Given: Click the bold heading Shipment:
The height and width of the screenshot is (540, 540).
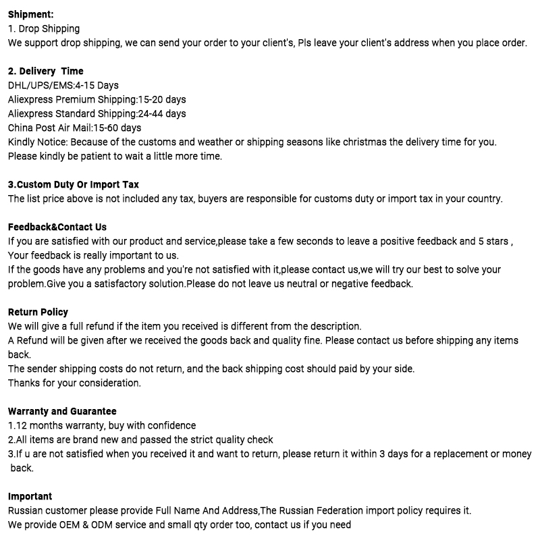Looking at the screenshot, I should (31, 14).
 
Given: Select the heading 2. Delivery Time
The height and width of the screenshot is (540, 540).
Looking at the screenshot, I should (46, 71).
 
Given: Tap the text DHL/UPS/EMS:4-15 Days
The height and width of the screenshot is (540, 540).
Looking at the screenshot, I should (63, 85).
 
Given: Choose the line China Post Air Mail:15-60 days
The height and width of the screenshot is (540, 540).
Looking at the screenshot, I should (74, 128).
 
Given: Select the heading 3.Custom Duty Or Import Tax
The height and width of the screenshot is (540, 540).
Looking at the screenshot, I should (74, 184).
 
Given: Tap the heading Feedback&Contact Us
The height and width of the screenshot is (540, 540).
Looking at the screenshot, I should (57, 227).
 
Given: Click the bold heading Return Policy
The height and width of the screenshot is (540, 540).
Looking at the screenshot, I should (38, 312).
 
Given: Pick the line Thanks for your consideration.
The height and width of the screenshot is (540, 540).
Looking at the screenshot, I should (74, 383).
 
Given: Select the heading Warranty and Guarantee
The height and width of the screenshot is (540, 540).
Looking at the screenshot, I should (62, 411).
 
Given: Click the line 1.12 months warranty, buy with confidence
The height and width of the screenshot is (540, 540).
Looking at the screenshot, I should (102, 425).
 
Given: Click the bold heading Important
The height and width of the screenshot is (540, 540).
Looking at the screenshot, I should (30, 496).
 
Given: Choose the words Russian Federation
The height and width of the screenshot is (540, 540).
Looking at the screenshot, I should (322, 510).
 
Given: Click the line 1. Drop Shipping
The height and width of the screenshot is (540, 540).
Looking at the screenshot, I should (44, 28).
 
